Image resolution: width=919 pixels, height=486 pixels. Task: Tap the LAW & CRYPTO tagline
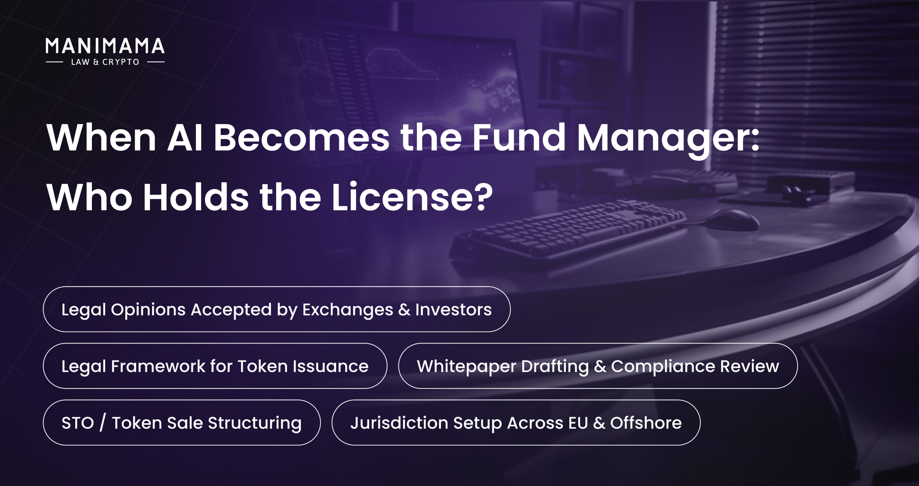(x=105, y=62)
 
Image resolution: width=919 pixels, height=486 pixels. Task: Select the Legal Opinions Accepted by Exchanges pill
(x=276, y=309)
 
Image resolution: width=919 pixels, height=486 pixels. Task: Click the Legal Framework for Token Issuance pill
(x=215, y=366)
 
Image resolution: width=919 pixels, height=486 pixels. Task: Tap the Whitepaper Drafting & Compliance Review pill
(x=598, y=366)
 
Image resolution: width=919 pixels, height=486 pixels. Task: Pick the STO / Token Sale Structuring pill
(x=182, y=422)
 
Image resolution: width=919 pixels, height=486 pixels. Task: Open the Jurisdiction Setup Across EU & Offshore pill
(x=516, y=422)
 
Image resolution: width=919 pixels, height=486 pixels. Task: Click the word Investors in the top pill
(x=453, y=309)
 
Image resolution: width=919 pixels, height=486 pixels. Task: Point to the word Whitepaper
(x=467, y=366)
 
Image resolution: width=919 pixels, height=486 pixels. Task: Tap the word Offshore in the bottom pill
(x=646, y=423)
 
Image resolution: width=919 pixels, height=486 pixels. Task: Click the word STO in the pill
(x=78, y=423)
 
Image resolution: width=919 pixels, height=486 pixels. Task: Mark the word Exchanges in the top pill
(x=347, y=310)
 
